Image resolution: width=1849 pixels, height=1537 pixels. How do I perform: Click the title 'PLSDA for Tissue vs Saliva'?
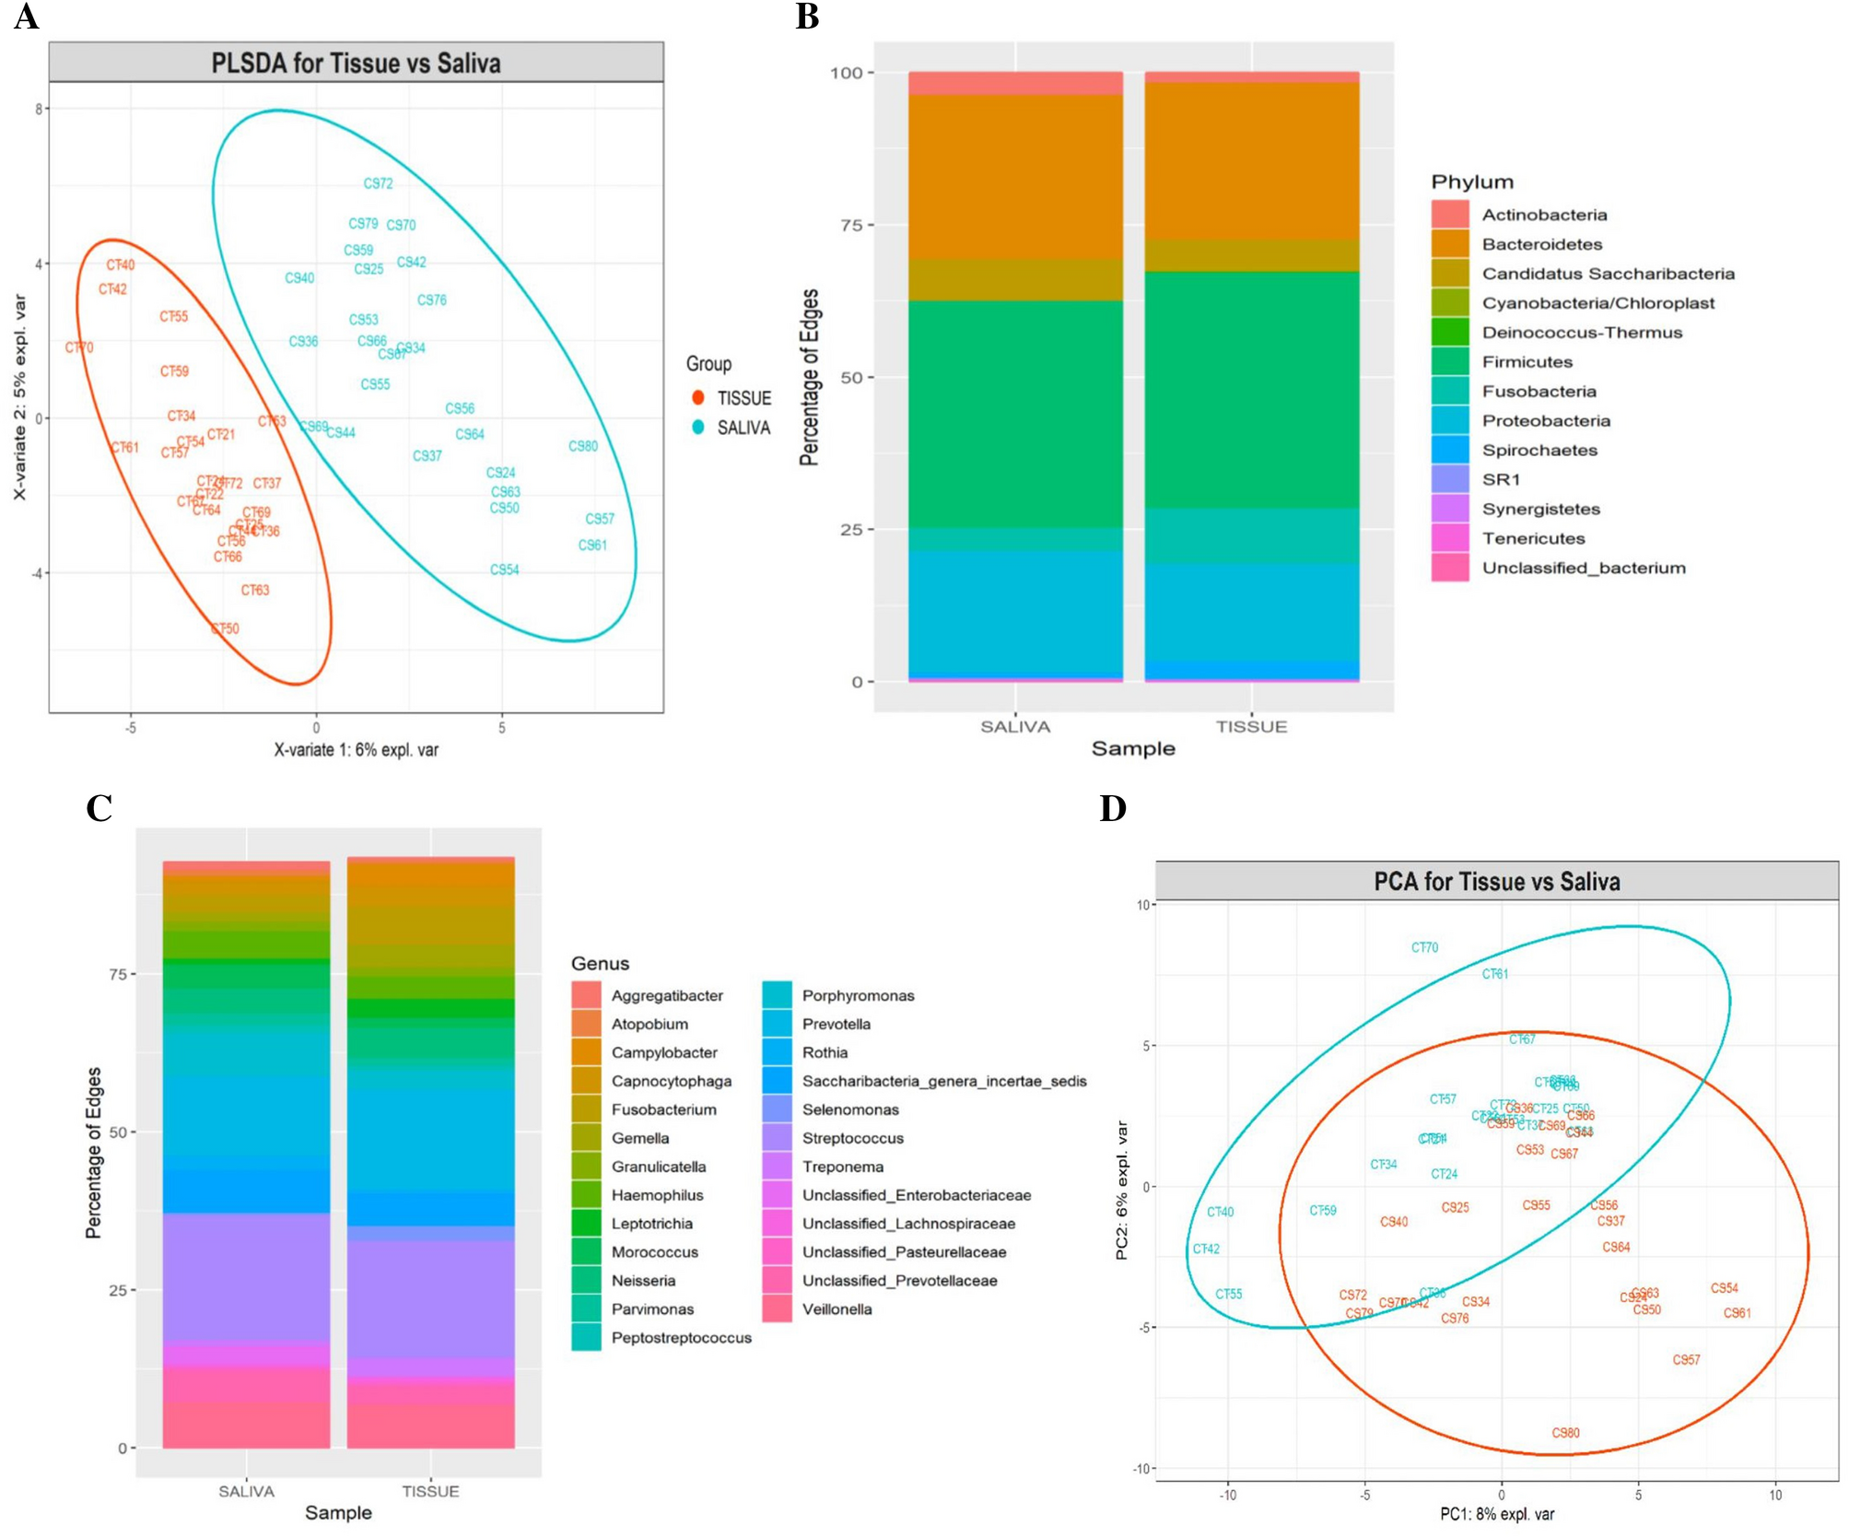pyautogui.click(x=356, y=63)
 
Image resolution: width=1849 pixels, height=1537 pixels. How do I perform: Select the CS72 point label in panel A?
pyautogui.click(x=378, y=183)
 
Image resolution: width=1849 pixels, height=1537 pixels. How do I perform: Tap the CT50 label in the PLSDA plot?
pyautogui.click(x=225, y=628)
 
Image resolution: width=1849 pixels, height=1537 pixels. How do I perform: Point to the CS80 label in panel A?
pyautogui.click(x=583, y=446)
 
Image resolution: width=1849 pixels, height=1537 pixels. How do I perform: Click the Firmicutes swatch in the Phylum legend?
pyautogui.click(x=1449, y=362)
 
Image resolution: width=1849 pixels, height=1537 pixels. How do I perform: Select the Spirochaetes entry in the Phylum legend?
pyautogui.click(x=1539, y=451)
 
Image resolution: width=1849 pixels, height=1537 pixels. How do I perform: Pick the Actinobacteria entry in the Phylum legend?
pyautogui.click(x=1544, y=215)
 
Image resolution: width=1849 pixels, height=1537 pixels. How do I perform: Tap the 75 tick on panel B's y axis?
pyautogui.click(x=851, y=225)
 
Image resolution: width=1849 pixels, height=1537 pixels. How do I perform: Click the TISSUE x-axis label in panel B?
pyautogui.click(x=1251, y=727)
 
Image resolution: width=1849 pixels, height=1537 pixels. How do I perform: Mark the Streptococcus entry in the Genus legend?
pyautogui.click(x=852, y=1138)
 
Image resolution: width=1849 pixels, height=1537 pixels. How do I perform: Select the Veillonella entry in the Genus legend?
pyautogui.click(x=837, y=1309)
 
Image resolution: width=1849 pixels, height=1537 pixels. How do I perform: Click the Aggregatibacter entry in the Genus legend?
pyautogui.click(x=667, y=995)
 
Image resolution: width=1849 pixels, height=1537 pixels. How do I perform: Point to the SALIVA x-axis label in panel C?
pyautogui.click(x=246, y=1491)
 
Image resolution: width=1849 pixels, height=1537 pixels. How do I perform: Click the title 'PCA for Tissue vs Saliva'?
pyautogui.click(x=1496, y=882)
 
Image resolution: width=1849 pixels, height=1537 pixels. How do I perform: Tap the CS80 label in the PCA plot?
pyautogui.click(x=1565, y=1433)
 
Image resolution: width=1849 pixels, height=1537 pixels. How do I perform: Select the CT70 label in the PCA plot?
pyautogui.click(x=1424, y=947)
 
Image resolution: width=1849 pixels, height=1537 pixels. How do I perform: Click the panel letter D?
pyautogui.click(x=1113, y=808)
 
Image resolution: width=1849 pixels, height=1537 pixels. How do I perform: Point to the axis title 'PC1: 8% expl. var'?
pyautogui.click(x=1497, y=1514)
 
